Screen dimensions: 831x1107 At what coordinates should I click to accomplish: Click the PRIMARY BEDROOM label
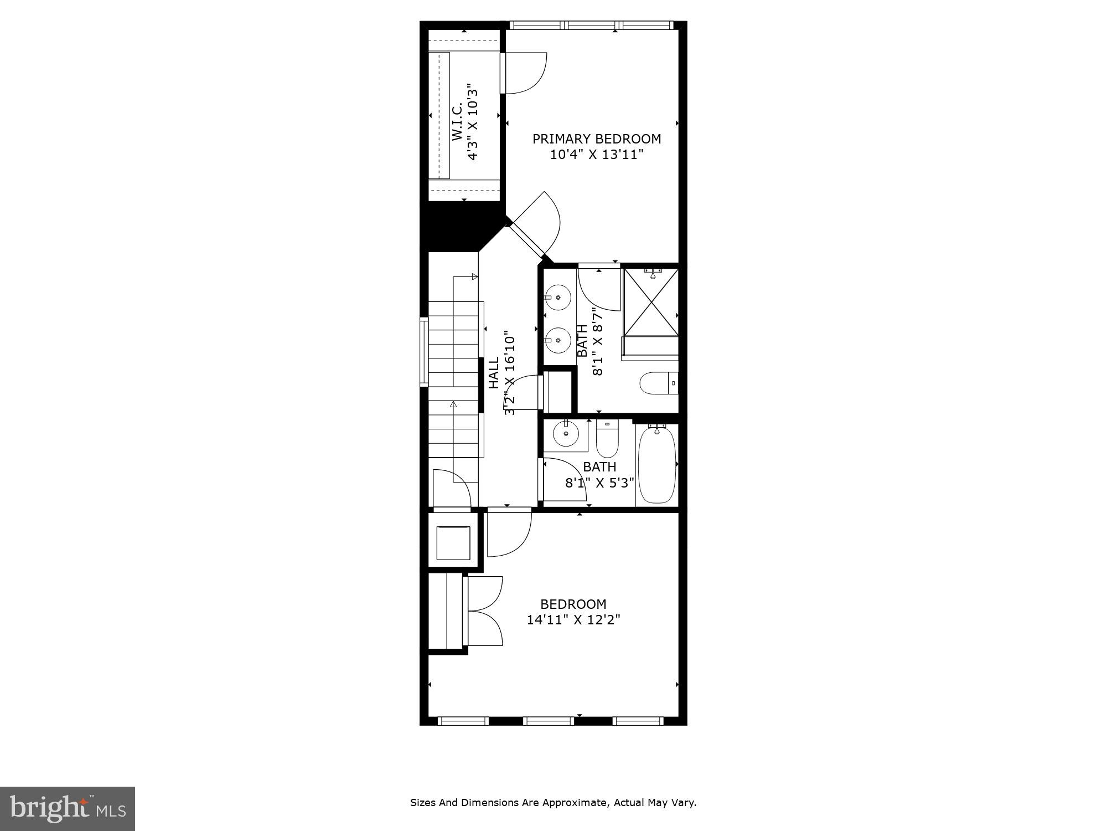[x=596, y=138]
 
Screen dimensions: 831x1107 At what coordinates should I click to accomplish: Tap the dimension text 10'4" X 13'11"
[x=597, y=155]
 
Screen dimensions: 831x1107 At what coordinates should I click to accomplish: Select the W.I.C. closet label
[x=457, y=120]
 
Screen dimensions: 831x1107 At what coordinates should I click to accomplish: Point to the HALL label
[x=494, y=372]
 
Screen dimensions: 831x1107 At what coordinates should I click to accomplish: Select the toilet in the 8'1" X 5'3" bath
[x=607, y=439]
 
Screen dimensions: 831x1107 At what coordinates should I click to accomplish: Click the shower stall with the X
[x=651, y=302]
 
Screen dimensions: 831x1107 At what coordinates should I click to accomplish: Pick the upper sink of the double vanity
[x=558, y=297]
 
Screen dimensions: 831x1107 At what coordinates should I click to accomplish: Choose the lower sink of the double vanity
[x=558, y=340]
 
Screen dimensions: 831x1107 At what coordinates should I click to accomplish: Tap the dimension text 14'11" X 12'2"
[x=573, y=619]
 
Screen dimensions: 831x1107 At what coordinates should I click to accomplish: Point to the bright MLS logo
[x=68, y=809]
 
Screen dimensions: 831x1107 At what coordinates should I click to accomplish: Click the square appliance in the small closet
[x=453, y=543]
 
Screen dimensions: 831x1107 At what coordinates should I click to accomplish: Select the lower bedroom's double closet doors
[x=485, y=611]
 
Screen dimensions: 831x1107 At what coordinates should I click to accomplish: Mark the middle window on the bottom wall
[x=549, y=721]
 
